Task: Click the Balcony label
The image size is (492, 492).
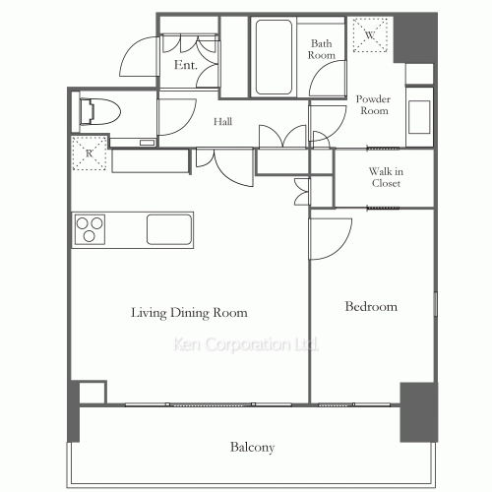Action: coord(252,447)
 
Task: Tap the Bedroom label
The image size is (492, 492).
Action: coord(371,306)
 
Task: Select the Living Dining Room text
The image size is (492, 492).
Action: coord(189,313)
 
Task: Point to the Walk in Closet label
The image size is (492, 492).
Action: coord(386,177)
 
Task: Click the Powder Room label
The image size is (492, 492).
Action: coord(374,104)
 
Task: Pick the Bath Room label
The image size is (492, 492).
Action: coord(322,49)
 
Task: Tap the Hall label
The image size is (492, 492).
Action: coord(222,122)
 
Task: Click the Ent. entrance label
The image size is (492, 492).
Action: coord(186,65)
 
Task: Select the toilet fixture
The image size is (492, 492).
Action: coord(100,111)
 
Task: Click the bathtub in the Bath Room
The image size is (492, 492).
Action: coord(274,57)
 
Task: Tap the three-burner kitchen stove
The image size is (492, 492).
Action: coord(90,229)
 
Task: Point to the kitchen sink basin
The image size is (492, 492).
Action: coord(169,229)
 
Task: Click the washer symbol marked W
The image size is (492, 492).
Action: coord(370,34)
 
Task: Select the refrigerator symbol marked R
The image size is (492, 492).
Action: coord(90,154)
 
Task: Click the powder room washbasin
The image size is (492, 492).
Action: coord(419,117)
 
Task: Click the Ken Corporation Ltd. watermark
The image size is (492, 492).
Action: coord(246,344)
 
